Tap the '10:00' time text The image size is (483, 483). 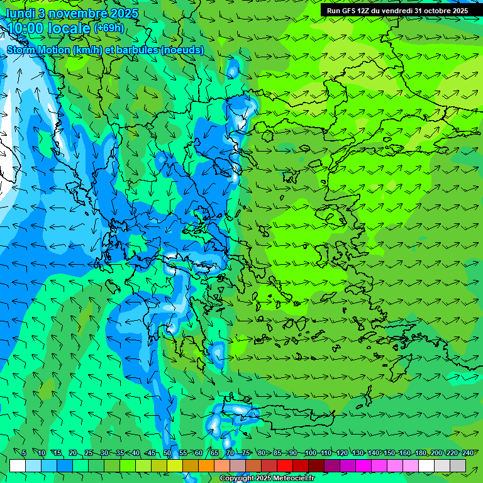pyautogui.click(x=25, y=28)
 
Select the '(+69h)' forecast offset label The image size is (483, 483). pyautogui.click(x=109, y=28)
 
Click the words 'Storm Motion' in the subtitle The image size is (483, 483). pyautogui.click(x=38, y=50)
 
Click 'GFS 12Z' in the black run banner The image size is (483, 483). pyautogui.click(x=358, y=11)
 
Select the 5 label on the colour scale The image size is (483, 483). pyautogui.click(x=23, y=453)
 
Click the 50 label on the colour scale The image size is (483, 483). pyautogui.click(x=167, y=453)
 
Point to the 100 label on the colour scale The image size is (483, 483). pyautogui.click(x=310, y=453)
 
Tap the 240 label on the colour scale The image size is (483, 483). pyautogui.click(x=467, y=453)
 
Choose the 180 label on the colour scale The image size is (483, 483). pyautogui.click(x=420, y=453)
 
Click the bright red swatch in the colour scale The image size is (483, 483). pyautogui.click(x=285, y=465)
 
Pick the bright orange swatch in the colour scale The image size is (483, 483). pyautogui.click(x=206, y=465)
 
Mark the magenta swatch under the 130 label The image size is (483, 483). pyautogui.click(x=364, y=465)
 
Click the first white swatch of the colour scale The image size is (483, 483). pyautogui.click(x=18, y=465)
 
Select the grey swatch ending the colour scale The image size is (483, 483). pyautogui.click(x=458, y=465)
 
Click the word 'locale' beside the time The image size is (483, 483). pyautogui.click(x=69, y=29)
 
